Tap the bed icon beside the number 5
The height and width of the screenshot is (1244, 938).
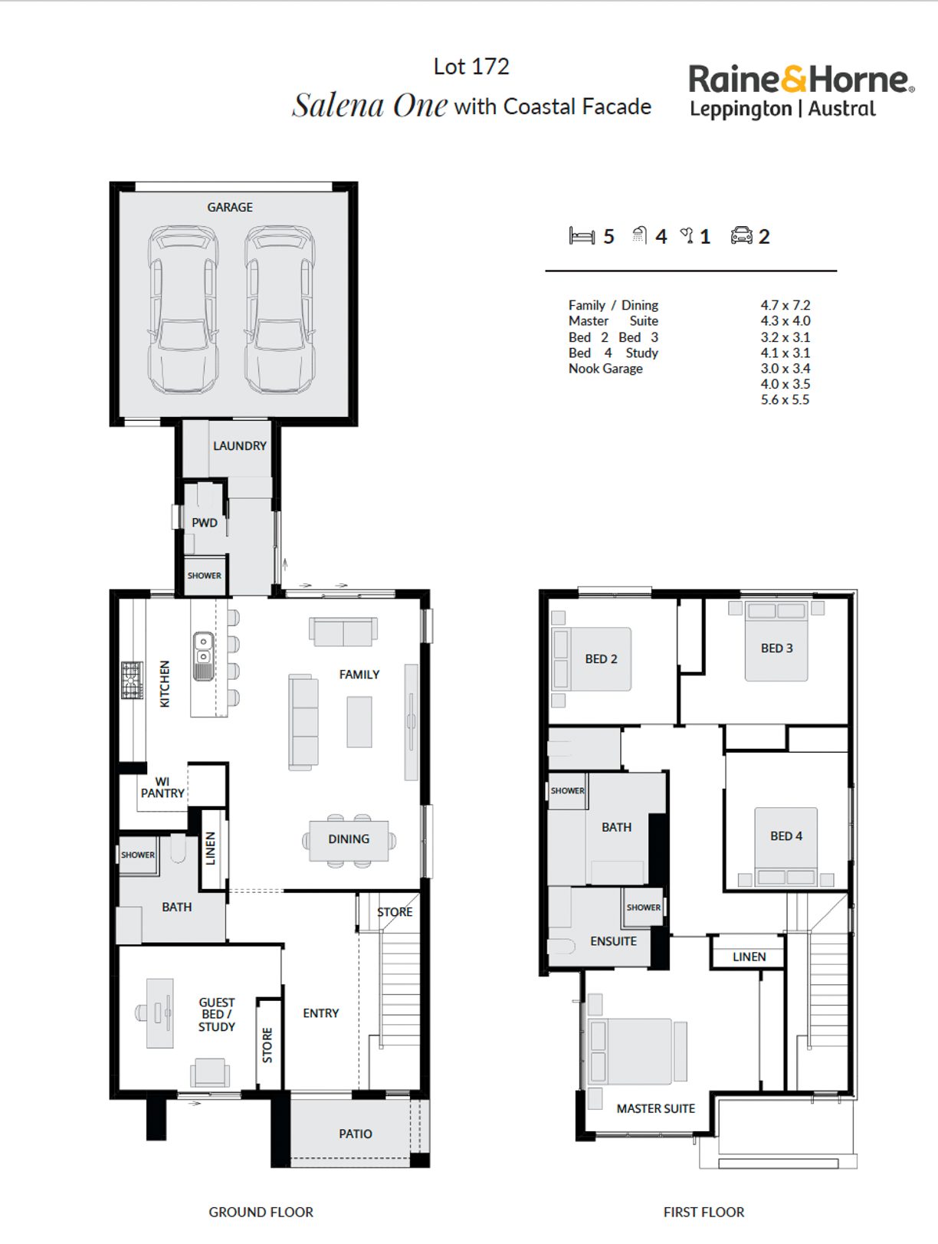pyautogui.click(x=582, y=236)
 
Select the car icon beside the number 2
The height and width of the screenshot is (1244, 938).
pyautogui.click(x=742, y=235)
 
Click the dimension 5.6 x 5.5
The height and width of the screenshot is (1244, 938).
pyautogui.click(x=785, y=399)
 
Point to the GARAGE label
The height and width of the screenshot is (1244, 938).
pyautogui.click(x=230, y=208)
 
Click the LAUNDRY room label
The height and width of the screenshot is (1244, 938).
pyautogui.click(x=240, y=446)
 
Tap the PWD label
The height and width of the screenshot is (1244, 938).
pyautogui.click(x=205, y=523)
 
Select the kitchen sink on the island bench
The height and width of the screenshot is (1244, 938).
pyautogui.click(x=203, y=655)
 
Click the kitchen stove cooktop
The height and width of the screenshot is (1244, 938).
pyautogui.click(x=132, y=680)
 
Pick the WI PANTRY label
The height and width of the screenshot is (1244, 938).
pyautogui.click(x=162, y=788)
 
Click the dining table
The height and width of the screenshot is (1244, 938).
pyautogui.click(x=349, y=841)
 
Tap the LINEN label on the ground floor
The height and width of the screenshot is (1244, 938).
pyautogui.click(x=211, y=848)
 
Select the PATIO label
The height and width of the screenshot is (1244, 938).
pyautogui.click(x=356, y=1134)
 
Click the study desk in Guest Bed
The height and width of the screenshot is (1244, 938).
pyautogui.click(x=159, y=1013)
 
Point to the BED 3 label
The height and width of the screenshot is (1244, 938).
pyautogui.click(x=777, y=648)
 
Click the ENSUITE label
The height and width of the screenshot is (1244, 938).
pyautogui.click(x=613, y=941)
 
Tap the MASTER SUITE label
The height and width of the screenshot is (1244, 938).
pyautogui.click(x=656, y=1108)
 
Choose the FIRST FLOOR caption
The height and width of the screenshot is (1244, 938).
pyautogui.click(x=704, y=1213)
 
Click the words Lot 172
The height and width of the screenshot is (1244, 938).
pyautogui.click(x=471, y=67)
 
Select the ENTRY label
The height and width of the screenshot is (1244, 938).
pyautogui.click(x=321, y=1013)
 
